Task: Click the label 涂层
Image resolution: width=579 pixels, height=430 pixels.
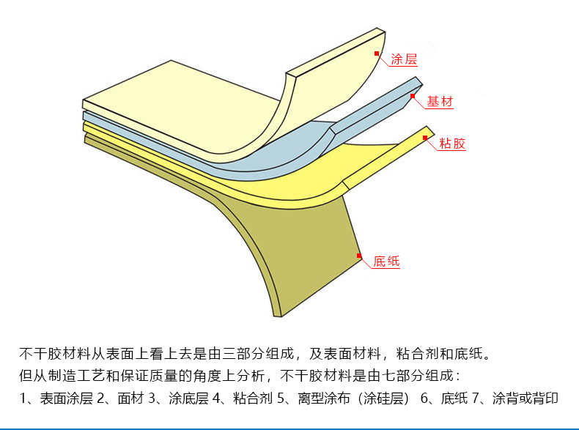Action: pos(404,59)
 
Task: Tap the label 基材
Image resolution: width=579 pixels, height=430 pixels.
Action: pos(440,102)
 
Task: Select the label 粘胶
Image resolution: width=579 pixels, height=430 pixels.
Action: pos(452,144)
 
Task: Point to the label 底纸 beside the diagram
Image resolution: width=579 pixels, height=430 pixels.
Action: pos(386,261)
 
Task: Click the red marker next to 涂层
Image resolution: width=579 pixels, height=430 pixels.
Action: pos(377,53)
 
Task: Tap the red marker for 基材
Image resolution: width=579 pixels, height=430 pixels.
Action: pos(413,95)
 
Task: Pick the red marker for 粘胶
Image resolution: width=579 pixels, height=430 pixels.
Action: pos(426,136)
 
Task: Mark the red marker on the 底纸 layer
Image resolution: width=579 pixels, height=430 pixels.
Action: pos(359,255)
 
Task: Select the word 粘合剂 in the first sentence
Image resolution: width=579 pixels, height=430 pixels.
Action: pos(418,354)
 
